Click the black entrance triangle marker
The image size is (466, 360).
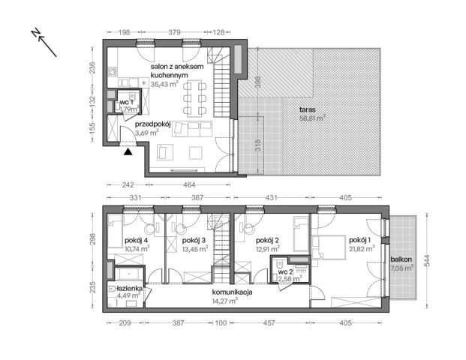(128, 151)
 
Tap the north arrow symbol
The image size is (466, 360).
(44, 43)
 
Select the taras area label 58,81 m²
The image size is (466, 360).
(312, 118)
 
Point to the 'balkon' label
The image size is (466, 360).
(401, 259)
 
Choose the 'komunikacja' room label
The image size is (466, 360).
(233, 292)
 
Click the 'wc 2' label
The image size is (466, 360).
(286, 271)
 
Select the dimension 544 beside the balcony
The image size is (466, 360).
(428, 260)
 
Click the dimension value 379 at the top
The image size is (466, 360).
(174, 32)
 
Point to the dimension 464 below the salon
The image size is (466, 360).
(189, 184)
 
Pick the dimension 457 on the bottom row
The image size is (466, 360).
(269, 322)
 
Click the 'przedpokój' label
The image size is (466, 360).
(153, 124)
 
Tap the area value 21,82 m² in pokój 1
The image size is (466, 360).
(362, 248)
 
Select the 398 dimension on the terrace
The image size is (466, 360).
(258, 82)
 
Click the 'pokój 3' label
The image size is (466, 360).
(194, 240)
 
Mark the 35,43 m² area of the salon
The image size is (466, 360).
(164, 84)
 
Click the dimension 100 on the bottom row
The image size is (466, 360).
(221, 322)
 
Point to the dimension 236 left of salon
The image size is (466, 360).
(92, 67)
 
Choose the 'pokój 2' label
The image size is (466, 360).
(267, 240)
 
